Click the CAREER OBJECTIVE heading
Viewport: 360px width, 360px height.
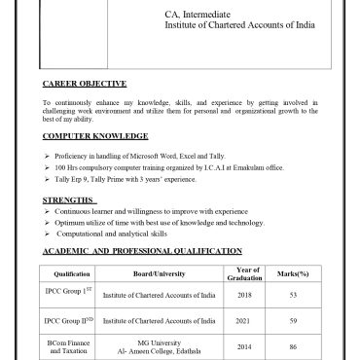[85, 85]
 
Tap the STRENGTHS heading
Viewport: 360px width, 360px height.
[70, 201]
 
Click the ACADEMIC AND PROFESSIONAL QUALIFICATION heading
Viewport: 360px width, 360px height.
[142, 251]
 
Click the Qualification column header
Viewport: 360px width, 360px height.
[72, 274]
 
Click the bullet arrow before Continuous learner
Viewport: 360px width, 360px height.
[48, 212]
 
